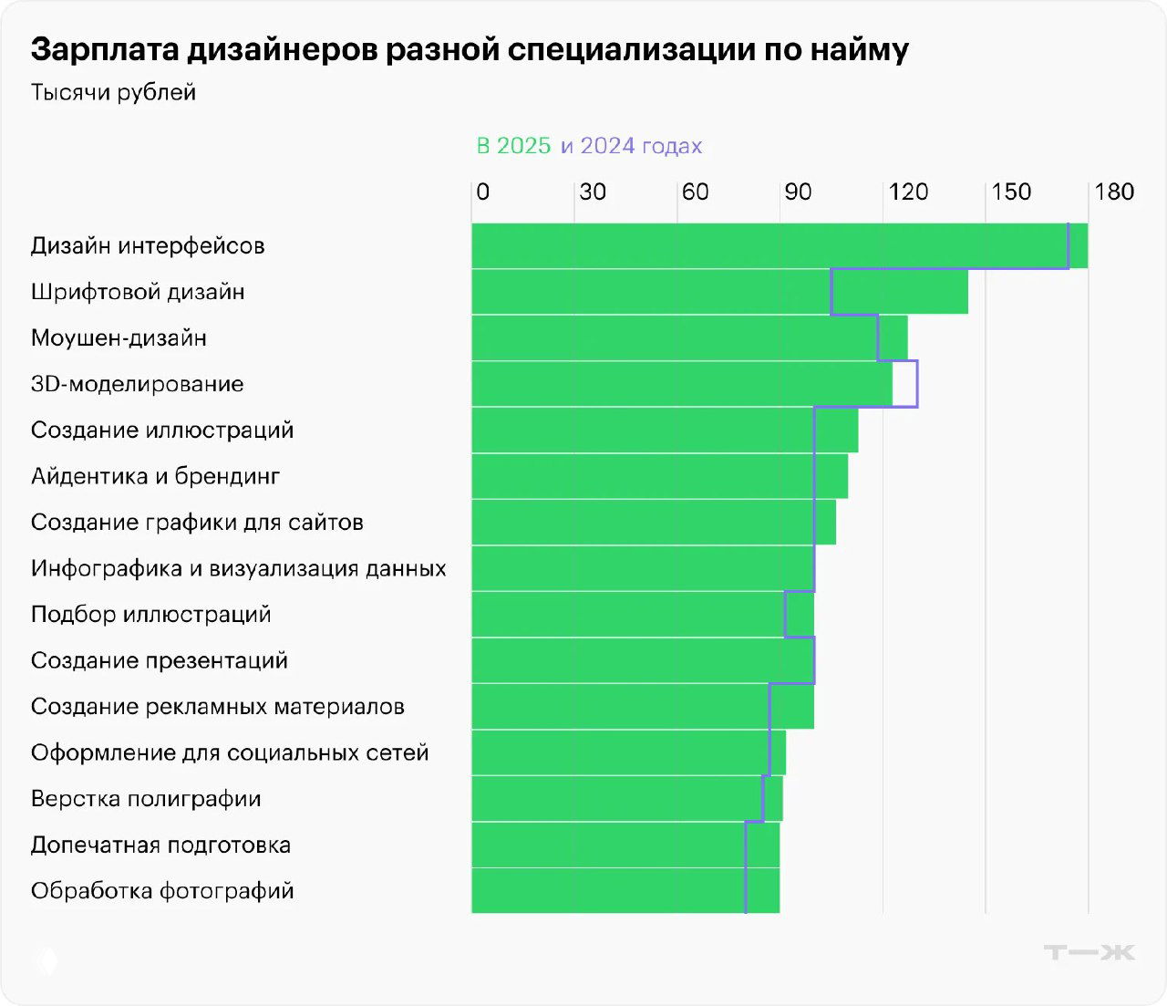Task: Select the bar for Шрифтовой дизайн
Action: tap(719, 292)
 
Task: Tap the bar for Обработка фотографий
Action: tap(625, 891)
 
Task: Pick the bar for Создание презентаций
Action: tap(643, 660)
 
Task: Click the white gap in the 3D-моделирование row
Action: tap(904, 384)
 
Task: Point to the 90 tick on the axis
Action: tap(798, 192)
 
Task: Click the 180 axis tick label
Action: tap(1114, 192)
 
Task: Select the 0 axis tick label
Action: tap(483, 192)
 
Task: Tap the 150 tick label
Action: tap(1011, 192)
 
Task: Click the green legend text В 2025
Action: tap(513, 146)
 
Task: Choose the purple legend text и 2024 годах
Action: tap(631, 146)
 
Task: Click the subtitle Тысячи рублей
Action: tap(113, 92)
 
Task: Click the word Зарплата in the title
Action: tap(105, 49)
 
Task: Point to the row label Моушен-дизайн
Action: tap(119, 337)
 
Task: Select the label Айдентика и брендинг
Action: tap(155, 476)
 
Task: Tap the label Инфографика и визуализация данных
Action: tap(238, 568)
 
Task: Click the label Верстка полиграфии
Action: tap(146, 799)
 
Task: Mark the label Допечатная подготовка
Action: tap(160, 845)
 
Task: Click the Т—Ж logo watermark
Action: tap(1089, 952)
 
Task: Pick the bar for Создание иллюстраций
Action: tap(665, 430)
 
